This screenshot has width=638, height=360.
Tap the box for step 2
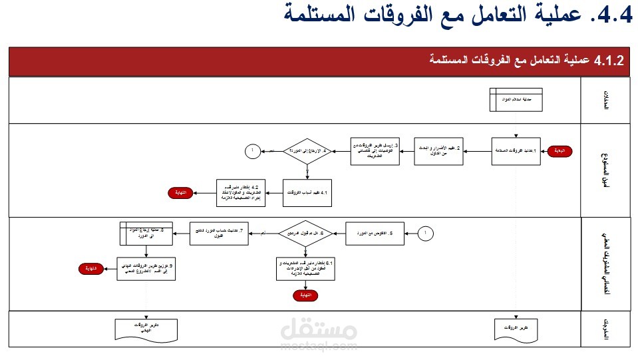pos(439,151)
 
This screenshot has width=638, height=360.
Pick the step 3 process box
pos(376,151)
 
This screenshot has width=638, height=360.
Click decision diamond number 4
pos(307,151)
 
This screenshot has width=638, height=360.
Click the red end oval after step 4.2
pos(180,192)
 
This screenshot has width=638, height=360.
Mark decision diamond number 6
pos(305,234)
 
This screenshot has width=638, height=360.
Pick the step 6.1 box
pos(305,270)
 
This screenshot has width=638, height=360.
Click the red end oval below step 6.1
pos(305,294)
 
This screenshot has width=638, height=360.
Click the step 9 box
pos(146,269)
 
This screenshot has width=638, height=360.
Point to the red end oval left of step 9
pos(90,269)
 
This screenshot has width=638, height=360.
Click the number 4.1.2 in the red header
pos(609,61)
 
